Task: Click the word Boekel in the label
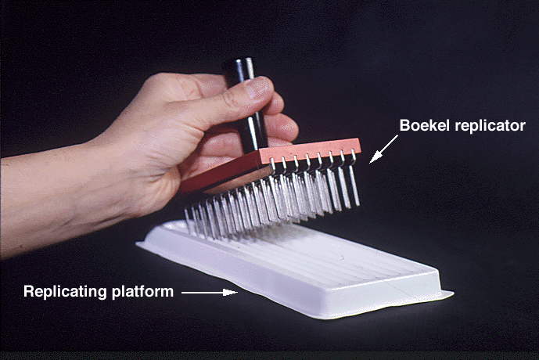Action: (x=424, y=125)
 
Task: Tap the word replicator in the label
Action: (x=490, y=126)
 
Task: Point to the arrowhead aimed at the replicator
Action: (x=376, y=157)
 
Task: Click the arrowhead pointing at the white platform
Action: (x=230, y=292)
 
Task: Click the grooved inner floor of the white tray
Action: (x=309, y=254)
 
